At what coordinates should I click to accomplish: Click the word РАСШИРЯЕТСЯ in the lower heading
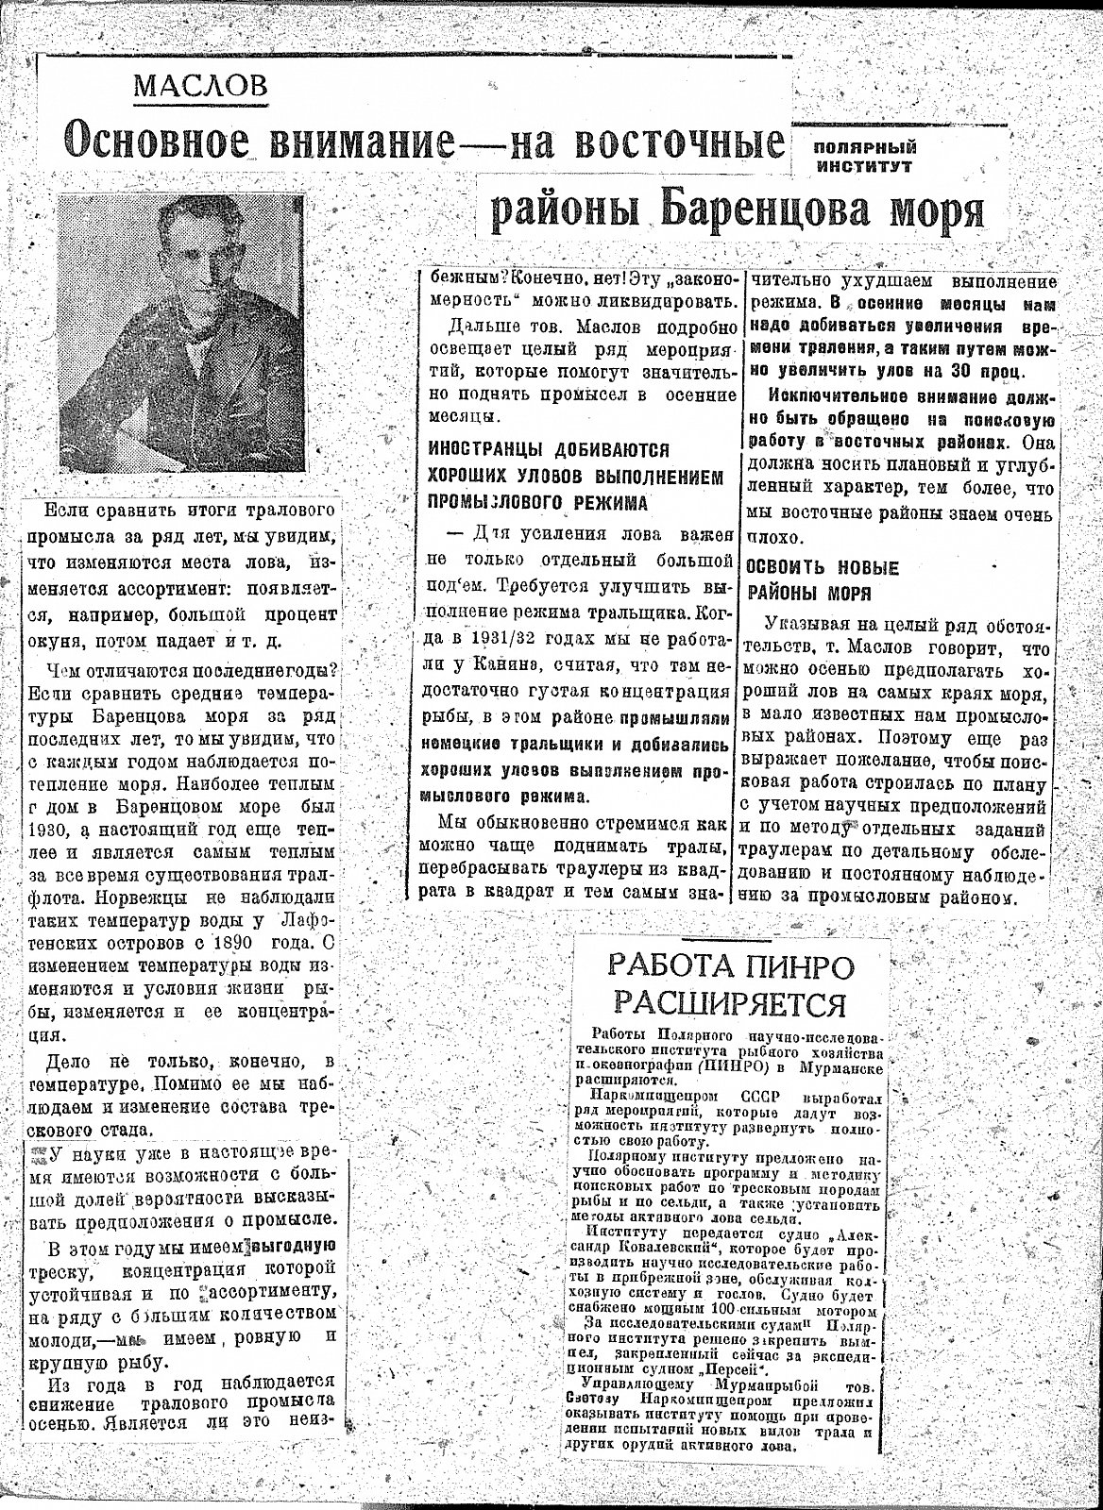[728, 1003]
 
